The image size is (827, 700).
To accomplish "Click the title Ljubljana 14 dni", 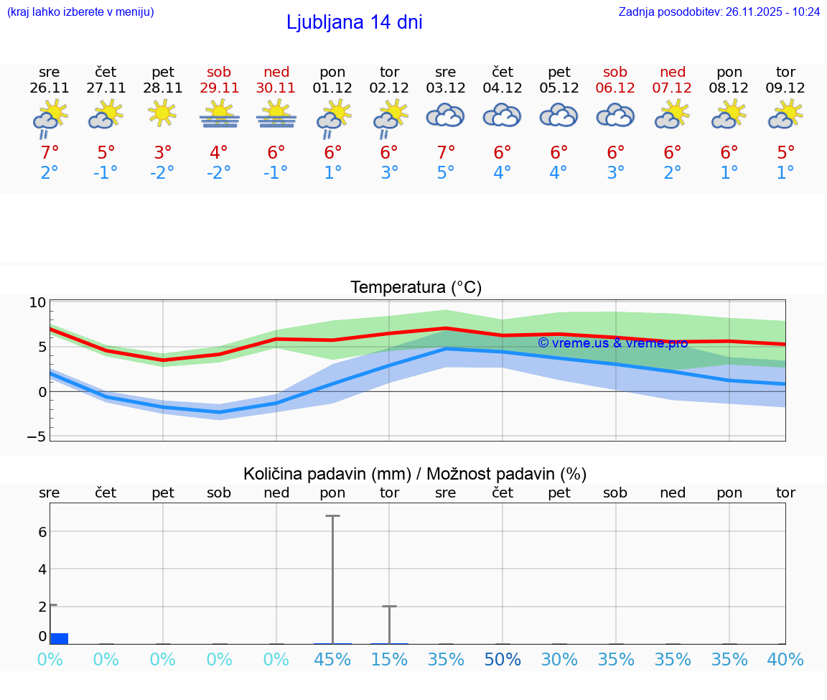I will click(x=354, y=22).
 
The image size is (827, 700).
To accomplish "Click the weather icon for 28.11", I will click(x=163, y=113).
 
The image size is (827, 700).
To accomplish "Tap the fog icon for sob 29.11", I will click(x=219, y=114).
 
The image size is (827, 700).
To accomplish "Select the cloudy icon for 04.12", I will click(x=502, y=115).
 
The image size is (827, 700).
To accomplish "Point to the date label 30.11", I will click(x=276, y=88).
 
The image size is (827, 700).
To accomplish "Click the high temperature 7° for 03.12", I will click(x=446, y=153).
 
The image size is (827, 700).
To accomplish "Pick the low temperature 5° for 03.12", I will click(x=446, y=173).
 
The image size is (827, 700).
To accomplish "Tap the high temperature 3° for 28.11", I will click(x=163, y=153).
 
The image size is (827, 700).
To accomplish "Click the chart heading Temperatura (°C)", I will click(x=416, y=288).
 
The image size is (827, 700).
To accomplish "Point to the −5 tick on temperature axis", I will click(x=37, y=437).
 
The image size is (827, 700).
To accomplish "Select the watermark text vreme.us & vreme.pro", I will click(x=612, y=343).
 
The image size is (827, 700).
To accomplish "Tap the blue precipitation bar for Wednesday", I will click(x=59, y=638).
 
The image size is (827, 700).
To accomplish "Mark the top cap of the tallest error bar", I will click(x=332, y=515).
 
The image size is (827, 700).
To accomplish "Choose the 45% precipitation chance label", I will click(x=332, y=660).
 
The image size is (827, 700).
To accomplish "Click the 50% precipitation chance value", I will click(x=502, y=660).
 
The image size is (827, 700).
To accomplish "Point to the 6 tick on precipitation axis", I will click(x=42, y=532).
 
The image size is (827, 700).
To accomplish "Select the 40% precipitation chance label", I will click(x=785, y=660).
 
